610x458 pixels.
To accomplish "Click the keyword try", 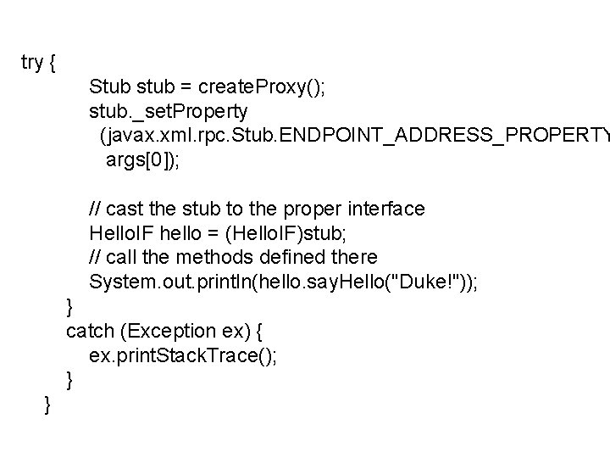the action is point(32,63).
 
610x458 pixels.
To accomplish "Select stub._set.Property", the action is point(169,111).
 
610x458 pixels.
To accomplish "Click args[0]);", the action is point(141,159).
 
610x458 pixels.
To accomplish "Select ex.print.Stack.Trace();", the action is point(182,354).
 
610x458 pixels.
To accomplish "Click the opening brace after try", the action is point(53,63).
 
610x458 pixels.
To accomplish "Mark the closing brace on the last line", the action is point(47,408).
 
